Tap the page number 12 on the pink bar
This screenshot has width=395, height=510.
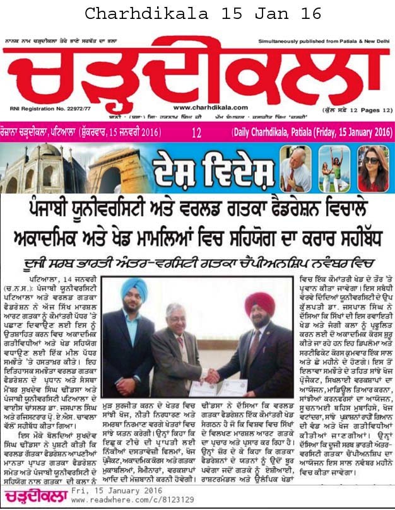(197, 133)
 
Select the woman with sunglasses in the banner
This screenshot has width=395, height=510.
(376, 168)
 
